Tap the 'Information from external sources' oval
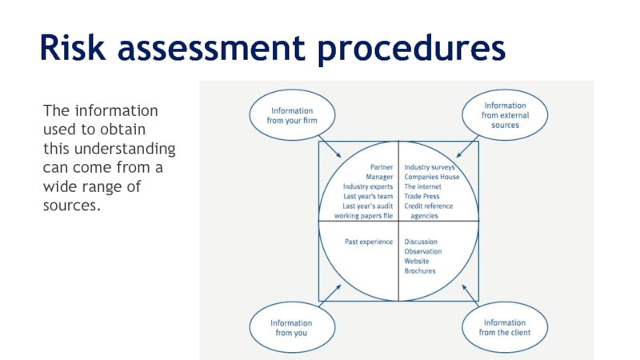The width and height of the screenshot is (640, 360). click(x=505, y=115)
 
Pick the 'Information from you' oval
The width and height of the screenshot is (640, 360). click(x=290, y=327)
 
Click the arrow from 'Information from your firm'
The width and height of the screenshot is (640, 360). click(x=330, y=147)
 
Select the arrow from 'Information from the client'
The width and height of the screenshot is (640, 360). click(x=468, y=294)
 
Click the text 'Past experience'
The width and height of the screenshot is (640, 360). click(x=369, y=242)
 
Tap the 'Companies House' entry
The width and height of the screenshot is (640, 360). click(x=432, y=177)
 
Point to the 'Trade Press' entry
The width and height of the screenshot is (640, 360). click(x=423, y=196)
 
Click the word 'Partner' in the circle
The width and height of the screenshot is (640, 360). click(x=381, y=167)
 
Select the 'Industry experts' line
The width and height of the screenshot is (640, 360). click(x=368, y=186)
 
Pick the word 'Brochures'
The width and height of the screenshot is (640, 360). click(x=420, y=270)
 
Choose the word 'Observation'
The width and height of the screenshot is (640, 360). click(x=423, y=251)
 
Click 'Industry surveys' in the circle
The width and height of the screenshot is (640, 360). click(x=430, y=167)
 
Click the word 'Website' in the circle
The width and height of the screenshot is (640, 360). click(x=417, y=261)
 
